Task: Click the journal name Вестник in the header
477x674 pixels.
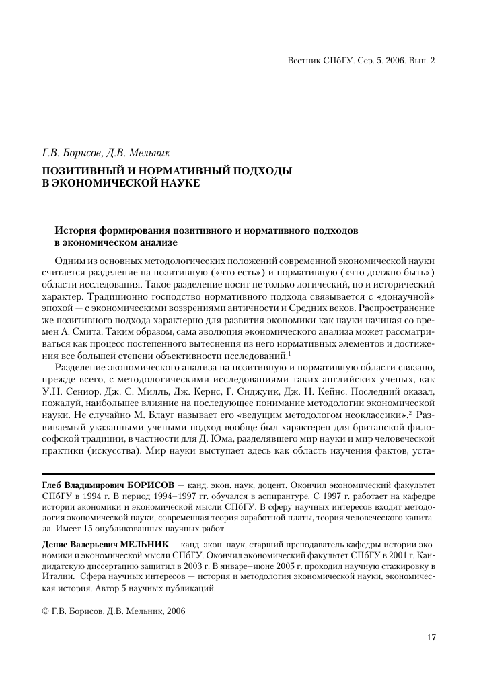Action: pyautogui.click(x=304, y=60)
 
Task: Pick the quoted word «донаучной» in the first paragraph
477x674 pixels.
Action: pyautogui.click(x=408, y=296)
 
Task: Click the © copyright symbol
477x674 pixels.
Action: pyautogui.click(x=44, y=611)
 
